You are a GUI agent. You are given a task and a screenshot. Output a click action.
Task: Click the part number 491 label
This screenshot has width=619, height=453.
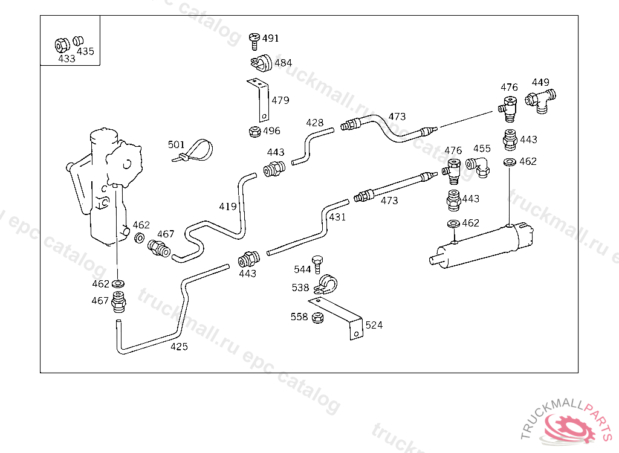click(x=270, y=38)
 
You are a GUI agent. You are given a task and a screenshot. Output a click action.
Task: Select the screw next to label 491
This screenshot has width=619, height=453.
click(x=254, y=41)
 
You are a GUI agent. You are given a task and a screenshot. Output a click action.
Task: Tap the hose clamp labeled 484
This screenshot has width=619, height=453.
click(x=261, y=63)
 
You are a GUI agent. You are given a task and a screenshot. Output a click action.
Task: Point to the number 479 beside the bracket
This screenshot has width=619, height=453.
click(x=280, y=100)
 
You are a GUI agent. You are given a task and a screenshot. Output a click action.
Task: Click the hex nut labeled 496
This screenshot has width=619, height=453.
click(x=254, y=131)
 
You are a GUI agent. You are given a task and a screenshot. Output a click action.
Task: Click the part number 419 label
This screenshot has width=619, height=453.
click(x=228, y=207)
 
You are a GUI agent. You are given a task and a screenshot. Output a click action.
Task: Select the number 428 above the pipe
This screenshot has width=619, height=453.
click(x=314, y=123)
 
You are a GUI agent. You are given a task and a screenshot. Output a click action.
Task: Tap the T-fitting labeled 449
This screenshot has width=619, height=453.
click(x=540, y=101)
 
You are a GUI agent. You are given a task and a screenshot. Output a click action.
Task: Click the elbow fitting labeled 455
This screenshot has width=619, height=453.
click(x=479, y=167)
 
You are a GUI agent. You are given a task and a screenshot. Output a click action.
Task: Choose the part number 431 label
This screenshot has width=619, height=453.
click(x=337, y=217)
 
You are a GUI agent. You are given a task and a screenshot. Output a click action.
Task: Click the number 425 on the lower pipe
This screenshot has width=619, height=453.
click(x=179, y=347)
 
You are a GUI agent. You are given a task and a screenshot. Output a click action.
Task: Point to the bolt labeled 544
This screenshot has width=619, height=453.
click(x=317, y=265)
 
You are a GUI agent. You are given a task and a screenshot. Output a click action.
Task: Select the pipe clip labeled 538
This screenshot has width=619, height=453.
click(x=326, y=284)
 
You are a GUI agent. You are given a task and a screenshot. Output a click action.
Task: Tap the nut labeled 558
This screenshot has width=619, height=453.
click(x=317, y=318)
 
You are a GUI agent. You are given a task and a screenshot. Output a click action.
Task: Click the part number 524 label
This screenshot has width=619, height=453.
click(x=374, y=325)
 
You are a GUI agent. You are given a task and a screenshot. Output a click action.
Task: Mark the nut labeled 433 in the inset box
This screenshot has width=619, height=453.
click(x=62, y=45)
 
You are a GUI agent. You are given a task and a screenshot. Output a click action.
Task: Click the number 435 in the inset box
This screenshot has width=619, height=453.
click(x=85, y=51)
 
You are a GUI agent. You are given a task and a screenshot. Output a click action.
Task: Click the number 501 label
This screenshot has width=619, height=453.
click(x=176, y=144)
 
